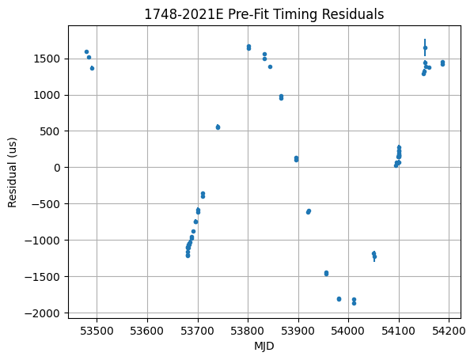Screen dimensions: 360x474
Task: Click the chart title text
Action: pos(264,14)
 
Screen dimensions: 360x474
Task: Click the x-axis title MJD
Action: pos(264,347)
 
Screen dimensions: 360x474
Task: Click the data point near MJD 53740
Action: pos(218,127)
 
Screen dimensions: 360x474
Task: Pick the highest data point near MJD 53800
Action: pos(248,46)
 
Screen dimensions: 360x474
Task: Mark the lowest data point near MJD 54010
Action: pos(354,303)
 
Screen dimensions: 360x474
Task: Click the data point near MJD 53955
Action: pos(326,273)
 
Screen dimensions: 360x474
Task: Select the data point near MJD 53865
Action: pos(281,97)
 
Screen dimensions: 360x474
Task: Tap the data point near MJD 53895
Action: pos(296,159)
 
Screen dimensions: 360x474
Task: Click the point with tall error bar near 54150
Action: pos(425,47)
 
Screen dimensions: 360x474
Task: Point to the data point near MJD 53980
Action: pos(339,298)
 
